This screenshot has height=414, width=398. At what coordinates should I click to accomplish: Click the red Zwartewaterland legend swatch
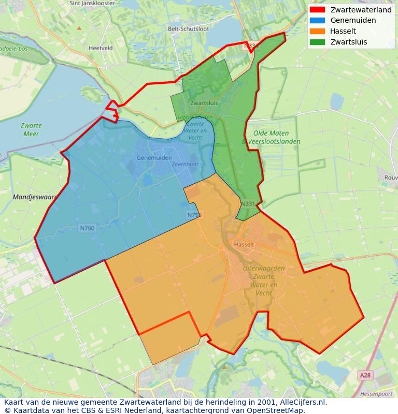[x=317, y=10]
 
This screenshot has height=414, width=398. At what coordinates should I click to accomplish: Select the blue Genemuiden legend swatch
[x=317, y=20]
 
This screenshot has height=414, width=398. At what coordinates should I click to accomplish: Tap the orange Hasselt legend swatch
[x=317, y=31]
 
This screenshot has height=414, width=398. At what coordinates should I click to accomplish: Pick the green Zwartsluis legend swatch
[x=317, y=42]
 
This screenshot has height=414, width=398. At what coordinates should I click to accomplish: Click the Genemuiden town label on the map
[x=154, y=157]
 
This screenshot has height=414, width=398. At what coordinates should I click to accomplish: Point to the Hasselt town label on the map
[x=244, y=244]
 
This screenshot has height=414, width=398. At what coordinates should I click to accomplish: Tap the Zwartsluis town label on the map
[x=204, y=103]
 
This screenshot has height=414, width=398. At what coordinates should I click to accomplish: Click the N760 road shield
[x=87, y=228]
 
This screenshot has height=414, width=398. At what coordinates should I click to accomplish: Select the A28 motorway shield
[x=365, y=375]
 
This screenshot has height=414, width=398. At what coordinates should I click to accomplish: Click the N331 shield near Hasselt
[x=248, y=204]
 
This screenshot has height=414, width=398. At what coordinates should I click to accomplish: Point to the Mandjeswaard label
[x=34, y=197]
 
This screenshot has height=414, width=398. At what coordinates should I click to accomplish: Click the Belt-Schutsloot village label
[x=189, y=29]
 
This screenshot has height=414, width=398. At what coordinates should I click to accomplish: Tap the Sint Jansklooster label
[x=93, y=3]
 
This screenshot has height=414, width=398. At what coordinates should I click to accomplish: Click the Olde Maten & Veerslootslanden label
[x=271, y=137]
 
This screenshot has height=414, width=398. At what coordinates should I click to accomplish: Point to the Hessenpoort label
[x=379, y=393]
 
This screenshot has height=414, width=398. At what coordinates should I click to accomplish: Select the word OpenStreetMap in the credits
[x=275, y=410]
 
